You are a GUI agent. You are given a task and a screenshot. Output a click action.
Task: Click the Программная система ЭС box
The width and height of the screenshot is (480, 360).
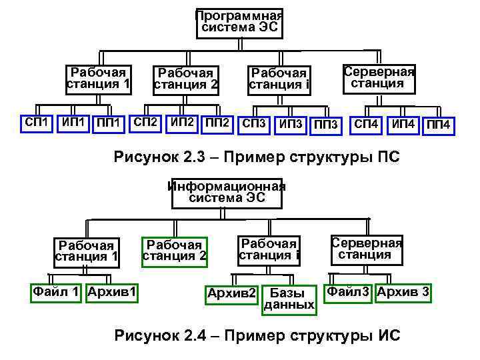pos(239,23)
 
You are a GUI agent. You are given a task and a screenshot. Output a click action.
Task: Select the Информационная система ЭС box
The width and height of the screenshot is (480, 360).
pos(227,191)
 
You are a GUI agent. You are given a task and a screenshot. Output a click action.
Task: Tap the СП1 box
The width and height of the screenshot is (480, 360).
pos(36,123)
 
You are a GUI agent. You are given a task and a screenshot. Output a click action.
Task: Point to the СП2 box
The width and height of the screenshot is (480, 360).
pos(145,123)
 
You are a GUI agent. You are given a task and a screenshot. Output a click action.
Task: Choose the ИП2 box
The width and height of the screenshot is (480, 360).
pos(182,123)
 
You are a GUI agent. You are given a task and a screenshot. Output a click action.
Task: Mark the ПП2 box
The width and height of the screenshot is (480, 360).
pos(219,123)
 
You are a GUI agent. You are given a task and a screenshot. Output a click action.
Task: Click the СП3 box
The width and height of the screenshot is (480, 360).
pos(254,124)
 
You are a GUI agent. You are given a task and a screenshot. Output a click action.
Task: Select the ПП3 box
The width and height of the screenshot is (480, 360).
pos(326,125)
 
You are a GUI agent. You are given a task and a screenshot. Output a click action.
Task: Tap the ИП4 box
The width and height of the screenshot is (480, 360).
pos(403,125)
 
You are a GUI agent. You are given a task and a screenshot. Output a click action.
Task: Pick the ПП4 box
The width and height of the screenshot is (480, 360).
pos(439,125)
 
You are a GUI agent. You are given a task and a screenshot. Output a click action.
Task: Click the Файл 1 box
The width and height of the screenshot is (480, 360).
pos(57,291)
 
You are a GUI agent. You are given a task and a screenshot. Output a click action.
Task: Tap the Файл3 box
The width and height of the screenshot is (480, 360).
pos(348,291)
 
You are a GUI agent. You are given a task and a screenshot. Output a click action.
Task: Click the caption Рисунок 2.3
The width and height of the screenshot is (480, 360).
pos(257,157)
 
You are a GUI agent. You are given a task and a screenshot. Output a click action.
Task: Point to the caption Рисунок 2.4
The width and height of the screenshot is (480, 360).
pos(257,335)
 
